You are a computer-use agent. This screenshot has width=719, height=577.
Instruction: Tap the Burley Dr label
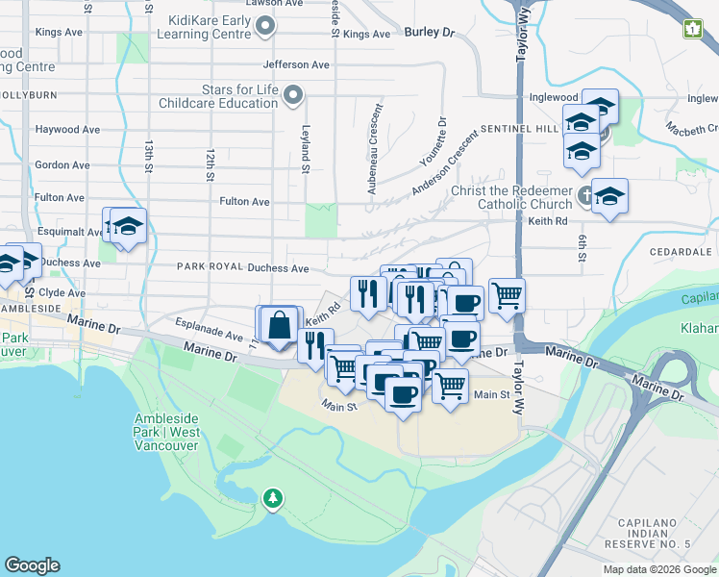(x=429, y=32)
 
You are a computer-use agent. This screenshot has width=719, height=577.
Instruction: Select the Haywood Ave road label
(x=67, y=129)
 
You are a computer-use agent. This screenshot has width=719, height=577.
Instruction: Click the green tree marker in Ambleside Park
(x=274, y=497)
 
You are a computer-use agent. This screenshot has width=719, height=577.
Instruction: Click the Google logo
(x=32, y=565)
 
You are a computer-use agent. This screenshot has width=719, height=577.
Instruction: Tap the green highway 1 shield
(x=693, y=29)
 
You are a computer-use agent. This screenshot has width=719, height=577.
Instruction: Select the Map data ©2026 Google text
(x=659, y=569)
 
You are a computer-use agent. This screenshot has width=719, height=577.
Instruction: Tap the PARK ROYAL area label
(x=208, y=267)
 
